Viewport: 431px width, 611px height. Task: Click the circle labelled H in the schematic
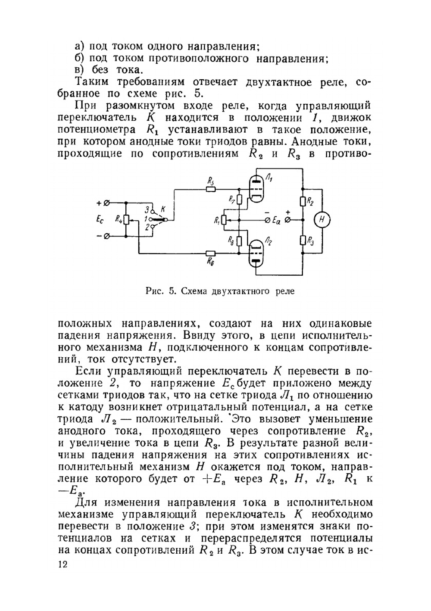coord(322,220)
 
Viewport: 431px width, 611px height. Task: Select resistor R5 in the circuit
coord(211,189)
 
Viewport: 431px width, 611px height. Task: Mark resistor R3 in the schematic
coord(303,240)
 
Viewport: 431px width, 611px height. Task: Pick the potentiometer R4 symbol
coord(126,220)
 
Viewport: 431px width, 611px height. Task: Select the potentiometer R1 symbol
coord(224,220)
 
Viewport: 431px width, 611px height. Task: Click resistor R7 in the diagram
coord(239,199)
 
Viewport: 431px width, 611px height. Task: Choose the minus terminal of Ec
coord(106,236)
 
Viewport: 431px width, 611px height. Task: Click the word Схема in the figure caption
coord(193,291)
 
